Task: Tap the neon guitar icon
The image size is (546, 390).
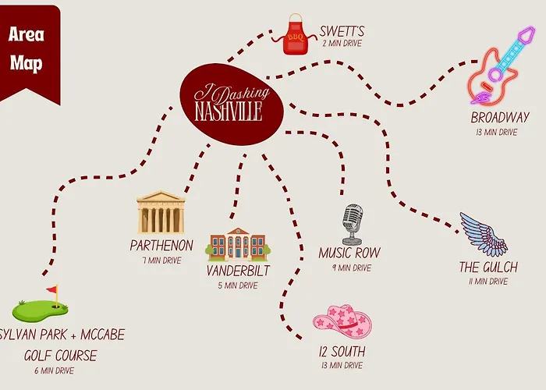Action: [x=500, y=66]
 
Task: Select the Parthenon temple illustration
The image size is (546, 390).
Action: [x=161, y=212]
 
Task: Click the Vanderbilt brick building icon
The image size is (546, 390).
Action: [x=238, y=244]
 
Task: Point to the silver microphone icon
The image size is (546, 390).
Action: [x=352, y=225]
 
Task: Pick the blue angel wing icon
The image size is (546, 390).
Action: [x=484, y=234]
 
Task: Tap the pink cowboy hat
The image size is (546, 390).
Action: [x=342, y=321]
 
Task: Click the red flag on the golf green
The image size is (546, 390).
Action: [x=52, y=289]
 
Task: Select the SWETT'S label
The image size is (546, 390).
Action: [x=342, y=31]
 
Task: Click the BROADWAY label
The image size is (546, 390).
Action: [x=500, y=117]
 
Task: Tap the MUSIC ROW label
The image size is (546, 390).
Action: [x=349, y=253]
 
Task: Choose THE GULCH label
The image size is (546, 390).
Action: [x=488, y=267]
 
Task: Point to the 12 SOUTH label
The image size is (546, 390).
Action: [x=342, y=351]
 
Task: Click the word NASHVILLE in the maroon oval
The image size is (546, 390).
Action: [x=229, y=111]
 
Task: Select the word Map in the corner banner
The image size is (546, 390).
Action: [x=26, y=63]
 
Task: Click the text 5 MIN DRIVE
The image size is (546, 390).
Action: [x=238, y=285]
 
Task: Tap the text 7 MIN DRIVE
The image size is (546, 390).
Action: [x=162, y=260]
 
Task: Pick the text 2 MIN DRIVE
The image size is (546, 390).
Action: [x=342, y=44]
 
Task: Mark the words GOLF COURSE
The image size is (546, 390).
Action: [x=61, y=356]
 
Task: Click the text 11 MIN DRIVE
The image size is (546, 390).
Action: [x=488, y=281]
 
